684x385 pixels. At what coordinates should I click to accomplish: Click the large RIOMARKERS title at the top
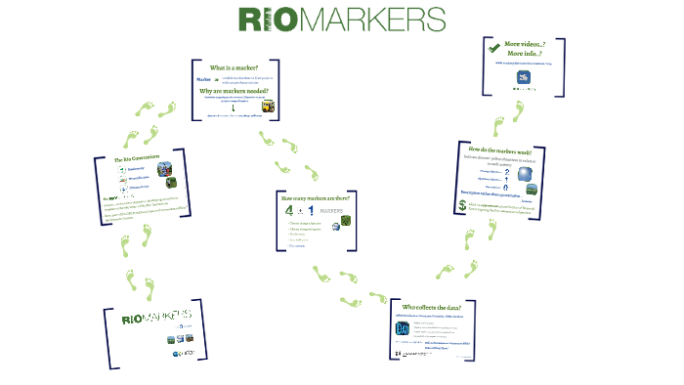(x=341, y=20)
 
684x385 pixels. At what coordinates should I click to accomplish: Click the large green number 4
(x=288, y=211)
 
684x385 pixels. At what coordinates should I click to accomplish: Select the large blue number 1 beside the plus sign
(x=311, y=211)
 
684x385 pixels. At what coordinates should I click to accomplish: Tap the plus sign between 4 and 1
(x=300, y=212)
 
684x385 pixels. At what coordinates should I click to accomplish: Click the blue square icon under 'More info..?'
(x=524, y=78)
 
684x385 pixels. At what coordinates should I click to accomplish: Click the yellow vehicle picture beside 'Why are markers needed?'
(x=268, y=107)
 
